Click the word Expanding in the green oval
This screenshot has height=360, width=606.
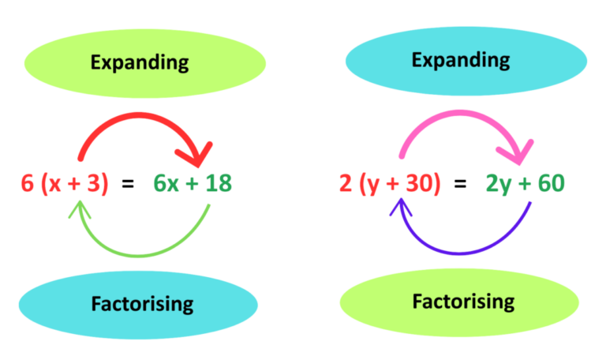[139, 62]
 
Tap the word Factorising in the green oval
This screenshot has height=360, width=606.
[463, 301]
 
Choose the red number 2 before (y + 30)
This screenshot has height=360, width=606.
[345, 183]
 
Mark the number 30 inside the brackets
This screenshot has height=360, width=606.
[422, 183]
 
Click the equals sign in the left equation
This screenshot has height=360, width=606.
[127, 183]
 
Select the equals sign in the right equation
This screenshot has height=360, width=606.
[461, 183]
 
